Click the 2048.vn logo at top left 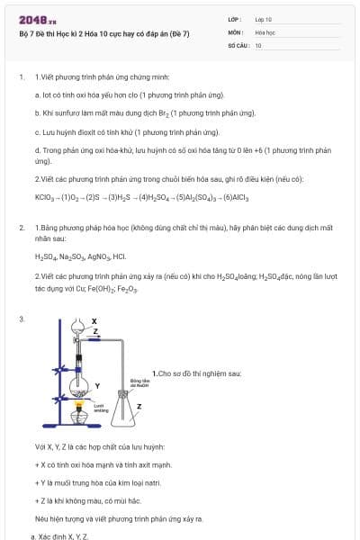point(34,20)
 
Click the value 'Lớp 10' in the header point(263,18)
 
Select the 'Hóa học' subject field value point(265,31)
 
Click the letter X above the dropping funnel point(94,320)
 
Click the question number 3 point(22,319)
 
